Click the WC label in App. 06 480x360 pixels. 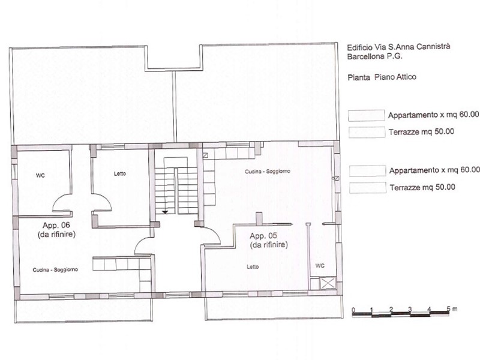(x=40, y=175)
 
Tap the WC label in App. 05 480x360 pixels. (x=320, y=265)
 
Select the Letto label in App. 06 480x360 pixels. (x=119, y=173)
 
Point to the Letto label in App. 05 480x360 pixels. (x=253, y=266)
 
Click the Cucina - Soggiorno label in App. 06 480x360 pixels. (x=55, y=269)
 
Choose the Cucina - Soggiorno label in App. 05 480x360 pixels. (x=267, y=172)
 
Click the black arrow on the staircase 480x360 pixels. (x=165, y=212)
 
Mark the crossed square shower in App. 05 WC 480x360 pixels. (x=328, y=283)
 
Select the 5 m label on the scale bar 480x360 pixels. (x=452, y=308)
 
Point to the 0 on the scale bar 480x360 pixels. (x=353, y=310)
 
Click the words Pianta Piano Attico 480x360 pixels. (x=382, y=77)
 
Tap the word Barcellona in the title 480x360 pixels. (x=364, y=56)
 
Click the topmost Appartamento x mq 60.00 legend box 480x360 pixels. (x=366, y=115)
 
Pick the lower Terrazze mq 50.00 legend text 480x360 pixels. (x=422, y=187)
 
